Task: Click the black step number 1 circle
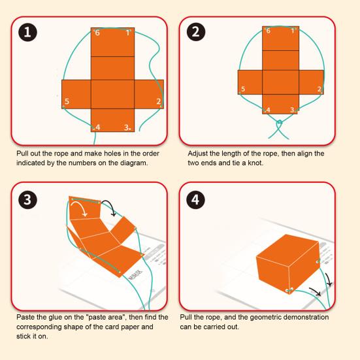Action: point(27,32)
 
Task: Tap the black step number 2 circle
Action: point(196,31)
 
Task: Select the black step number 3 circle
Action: point(27,199)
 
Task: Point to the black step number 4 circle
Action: point(195,199)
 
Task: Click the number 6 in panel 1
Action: point(97,33)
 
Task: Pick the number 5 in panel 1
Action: point(67,101)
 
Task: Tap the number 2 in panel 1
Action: point(158,101)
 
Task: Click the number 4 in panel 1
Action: point(98,127)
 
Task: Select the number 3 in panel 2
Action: point(292,110)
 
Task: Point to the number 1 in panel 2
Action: point(293,31)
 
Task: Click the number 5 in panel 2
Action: point(243,89)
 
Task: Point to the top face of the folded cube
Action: point(288,249)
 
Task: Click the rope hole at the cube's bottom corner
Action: point(289,290)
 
